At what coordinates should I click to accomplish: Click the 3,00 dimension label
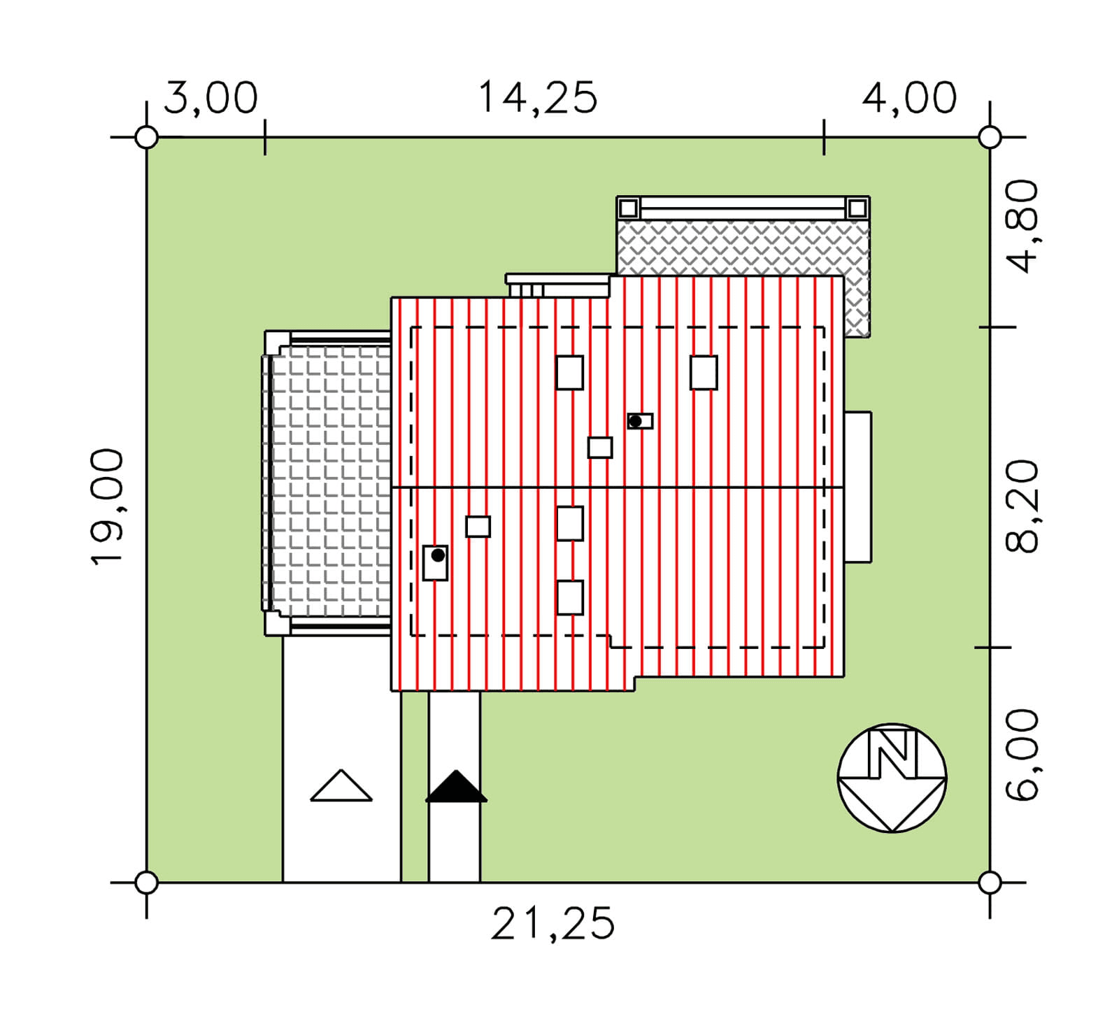tap(211, 98)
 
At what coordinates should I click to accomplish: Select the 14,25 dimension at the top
tap(538, 97)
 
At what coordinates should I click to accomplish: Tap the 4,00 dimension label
tap(909, 97)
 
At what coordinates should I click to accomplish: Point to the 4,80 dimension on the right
tap(1022, 226)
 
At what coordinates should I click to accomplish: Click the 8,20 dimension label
tap(1022, 506)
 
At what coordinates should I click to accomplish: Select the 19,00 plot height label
tap(108, 506)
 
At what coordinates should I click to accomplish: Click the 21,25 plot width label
tap(553, 923)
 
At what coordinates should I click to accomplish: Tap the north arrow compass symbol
tap(892, 778)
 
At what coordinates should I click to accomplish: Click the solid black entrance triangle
tap(456, 787)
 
